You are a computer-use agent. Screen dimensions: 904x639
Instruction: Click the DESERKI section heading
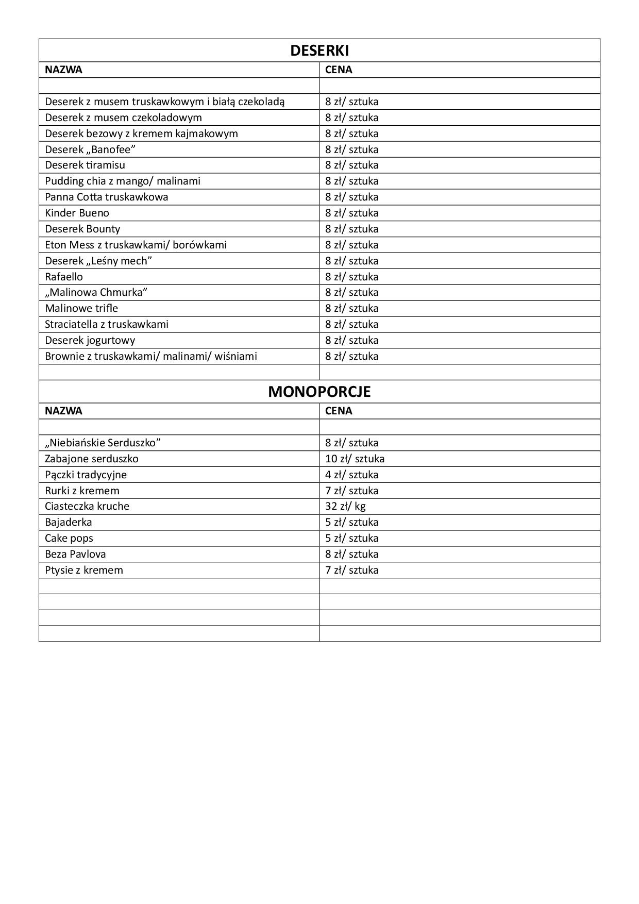tap(319, 51)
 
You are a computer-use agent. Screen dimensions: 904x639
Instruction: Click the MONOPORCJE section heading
tap(319, 392)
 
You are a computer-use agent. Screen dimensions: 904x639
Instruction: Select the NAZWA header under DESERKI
tap(63, 70)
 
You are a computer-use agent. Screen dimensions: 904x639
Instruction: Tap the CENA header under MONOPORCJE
tap(339, 411)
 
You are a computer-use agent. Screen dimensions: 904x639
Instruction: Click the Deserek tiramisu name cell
tap(85, 165)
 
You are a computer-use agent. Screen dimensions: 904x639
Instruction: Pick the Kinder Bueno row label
tap(77, 213)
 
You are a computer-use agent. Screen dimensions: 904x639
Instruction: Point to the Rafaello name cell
tap(64, 277)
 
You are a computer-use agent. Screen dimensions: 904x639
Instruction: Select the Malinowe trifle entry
tap(81, 308)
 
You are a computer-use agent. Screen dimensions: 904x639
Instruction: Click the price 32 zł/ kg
tap(345, 506)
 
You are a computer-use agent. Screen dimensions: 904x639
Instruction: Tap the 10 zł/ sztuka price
tap(355, 459)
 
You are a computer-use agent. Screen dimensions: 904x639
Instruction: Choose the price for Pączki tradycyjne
tap(351, 475)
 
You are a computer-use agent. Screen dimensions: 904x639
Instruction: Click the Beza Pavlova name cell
tap(75, 554)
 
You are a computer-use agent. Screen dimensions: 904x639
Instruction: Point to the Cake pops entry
tap(69, 538)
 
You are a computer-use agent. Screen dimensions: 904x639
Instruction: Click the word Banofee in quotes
tap(111, 149)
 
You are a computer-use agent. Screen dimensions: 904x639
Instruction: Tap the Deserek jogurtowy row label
tap(90, 340)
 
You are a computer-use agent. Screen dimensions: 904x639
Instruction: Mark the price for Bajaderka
tap(351, 522)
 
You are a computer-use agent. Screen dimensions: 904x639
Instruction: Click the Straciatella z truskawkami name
tap(107, 324)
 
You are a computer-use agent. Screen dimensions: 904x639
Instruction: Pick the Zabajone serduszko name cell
tap(92, 459)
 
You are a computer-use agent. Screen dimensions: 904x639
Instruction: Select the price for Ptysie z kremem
tap(351, 570)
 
